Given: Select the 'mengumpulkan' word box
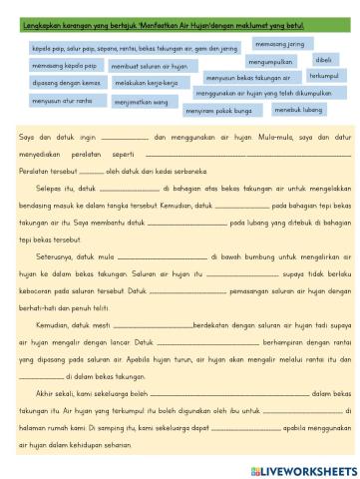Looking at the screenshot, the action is (268, 60).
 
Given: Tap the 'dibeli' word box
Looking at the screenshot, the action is (323, 60).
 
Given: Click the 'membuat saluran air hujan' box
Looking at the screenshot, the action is (149, 64).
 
